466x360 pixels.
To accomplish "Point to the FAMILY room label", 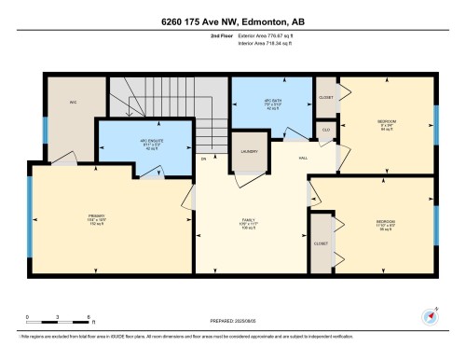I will pos(249,223).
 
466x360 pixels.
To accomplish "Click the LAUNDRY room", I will pos(248,151).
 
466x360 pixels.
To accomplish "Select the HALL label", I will pos(304,158).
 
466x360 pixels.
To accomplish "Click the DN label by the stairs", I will pos(203,159).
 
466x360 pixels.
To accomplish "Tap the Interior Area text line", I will pos(264,43).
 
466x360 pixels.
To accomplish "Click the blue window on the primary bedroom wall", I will pos(31,221).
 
